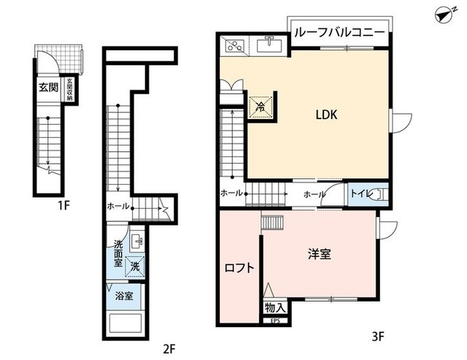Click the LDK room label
325,115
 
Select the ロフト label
239,267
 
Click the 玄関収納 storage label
70,87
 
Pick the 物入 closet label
275,308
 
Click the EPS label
275,321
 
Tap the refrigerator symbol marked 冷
261,106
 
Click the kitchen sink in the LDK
270,46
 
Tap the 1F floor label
63,206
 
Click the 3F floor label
377,338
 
